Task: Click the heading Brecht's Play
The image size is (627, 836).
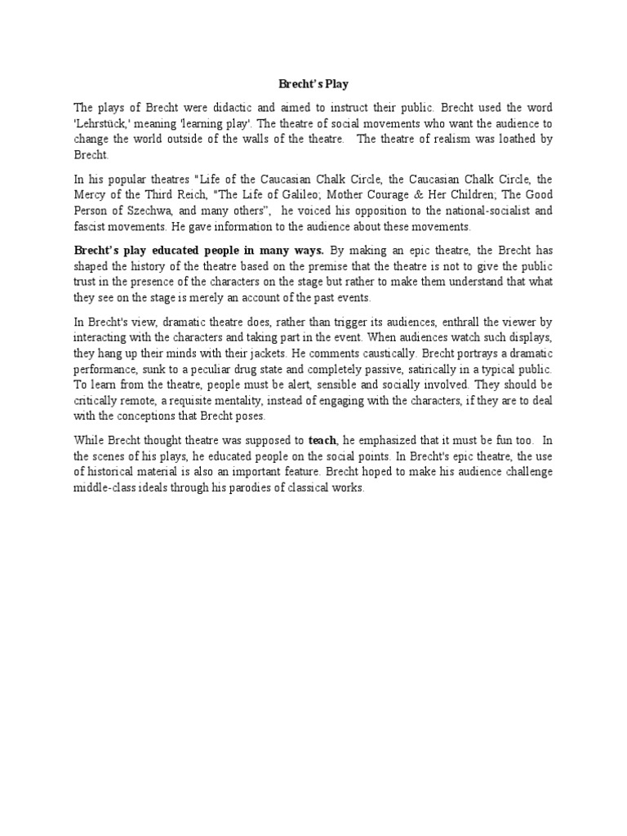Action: [x=313, y=83]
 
